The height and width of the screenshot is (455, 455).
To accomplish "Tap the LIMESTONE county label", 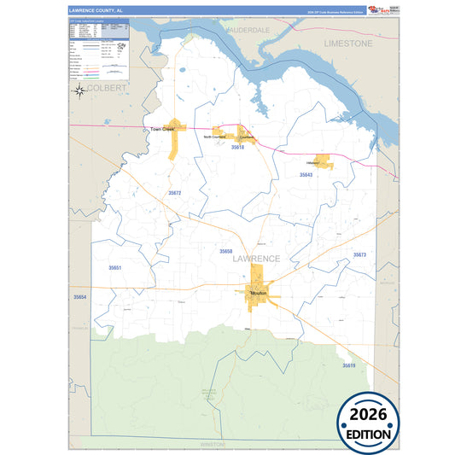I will [348, 42].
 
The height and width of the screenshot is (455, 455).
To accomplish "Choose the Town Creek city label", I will [162, 130].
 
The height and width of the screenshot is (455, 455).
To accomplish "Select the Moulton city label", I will [259, 293].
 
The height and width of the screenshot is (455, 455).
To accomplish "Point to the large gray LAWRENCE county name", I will [255, 258].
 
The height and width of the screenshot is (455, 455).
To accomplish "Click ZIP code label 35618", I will [237, 148].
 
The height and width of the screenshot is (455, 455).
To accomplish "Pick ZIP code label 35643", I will [306, 174].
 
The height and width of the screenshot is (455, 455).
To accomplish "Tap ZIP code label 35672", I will [174, 193].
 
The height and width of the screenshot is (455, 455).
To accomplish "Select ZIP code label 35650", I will [225, 251].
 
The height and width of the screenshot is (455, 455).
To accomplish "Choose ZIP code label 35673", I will [359, 254].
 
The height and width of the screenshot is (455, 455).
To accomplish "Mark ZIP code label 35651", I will [114, 268].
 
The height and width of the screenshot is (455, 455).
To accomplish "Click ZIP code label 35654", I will [80, 296].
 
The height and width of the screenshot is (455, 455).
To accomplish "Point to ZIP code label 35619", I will [349, 365].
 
